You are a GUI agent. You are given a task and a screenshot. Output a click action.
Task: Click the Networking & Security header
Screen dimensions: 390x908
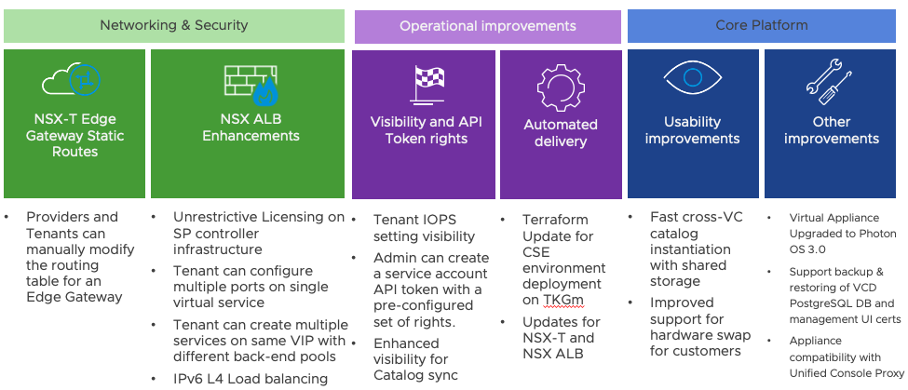(174, 25)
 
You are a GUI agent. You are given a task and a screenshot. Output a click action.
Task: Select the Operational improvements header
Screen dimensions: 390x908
(487, 25)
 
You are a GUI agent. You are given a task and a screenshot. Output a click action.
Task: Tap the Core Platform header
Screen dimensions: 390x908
(762, 25)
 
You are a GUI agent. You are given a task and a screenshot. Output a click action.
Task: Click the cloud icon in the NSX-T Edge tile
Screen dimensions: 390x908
(72, 83)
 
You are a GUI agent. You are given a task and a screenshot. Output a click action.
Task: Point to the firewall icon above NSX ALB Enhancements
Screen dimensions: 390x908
(251, 83)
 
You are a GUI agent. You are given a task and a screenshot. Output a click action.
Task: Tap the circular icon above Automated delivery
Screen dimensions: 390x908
(561, 88)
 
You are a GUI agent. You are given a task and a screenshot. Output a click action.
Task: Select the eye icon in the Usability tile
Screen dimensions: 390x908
(692, 83)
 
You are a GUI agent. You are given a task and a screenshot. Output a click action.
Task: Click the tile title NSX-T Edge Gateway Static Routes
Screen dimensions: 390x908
(75, 136)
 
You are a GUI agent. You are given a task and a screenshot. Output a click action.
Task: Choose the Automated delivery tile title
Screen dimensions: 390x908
(561, 132)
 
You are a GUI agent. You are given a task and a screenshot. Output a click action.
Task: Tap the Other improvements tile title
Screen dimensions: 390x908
(831, 130)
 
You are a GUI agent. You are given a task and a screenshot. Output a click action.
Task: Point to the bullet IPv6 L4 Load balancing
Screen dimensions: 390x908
(250, 378)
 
